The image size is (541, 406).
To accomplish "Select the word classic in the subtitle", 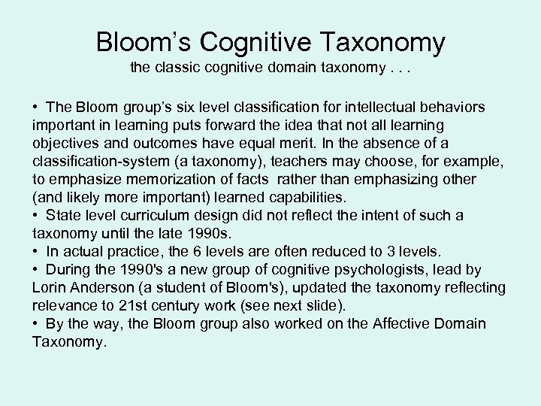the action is [x=181, y=68].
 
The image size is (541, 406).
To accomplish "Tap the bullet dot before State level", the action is [x=37, y=215].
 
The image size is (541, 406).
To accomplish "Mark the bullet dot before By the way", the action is [x=37, y=323].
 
